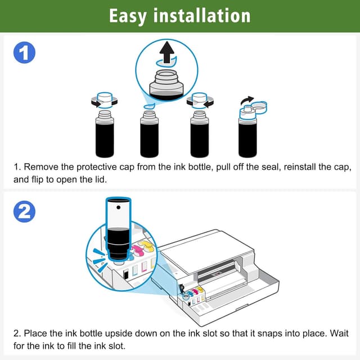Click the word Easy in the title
[x=129, y=15]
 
